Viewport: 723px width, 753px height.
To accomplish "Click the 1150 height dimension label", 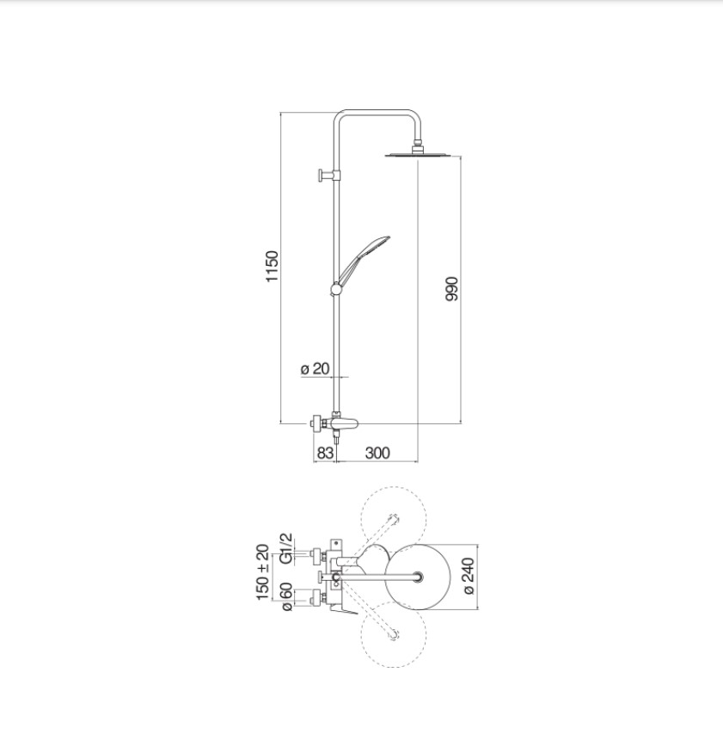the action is (272, 267).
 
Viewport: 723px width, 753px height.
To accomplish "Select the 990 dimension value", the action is (452, 288).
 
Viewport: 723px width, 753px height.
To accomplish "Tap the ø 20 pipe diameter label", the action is (316, 369).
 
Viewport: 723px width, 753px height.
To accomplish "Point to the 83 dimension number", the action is (325, 453).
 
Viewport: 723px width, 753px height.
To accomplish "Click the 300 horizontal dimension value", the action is (377, 453).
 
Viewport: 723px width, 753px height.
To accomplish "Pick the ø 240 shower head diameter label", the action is (469, 577).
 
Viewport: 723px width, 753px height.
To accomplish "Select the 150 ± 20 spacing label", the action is (262, 572).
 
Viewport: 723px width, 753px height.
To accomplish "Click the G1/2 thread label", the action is (286, 549).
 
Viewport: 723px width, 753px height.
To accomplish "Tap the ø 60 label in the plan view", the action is (286, 597).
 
